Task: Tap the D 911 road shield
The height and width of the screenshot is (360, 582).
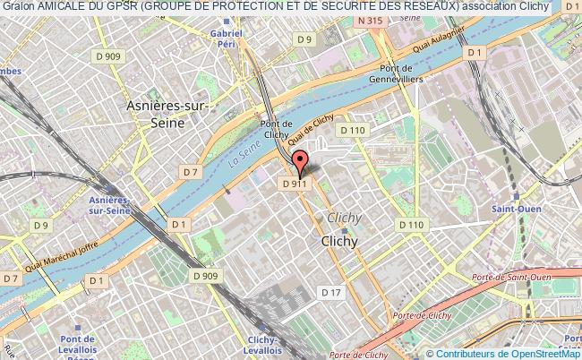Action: pos(295,184)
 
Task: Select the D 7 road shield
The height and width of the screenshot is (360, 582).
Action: pos(189,170)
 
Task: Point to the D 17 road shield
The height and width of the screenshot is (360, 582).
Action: pos(331,292)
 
